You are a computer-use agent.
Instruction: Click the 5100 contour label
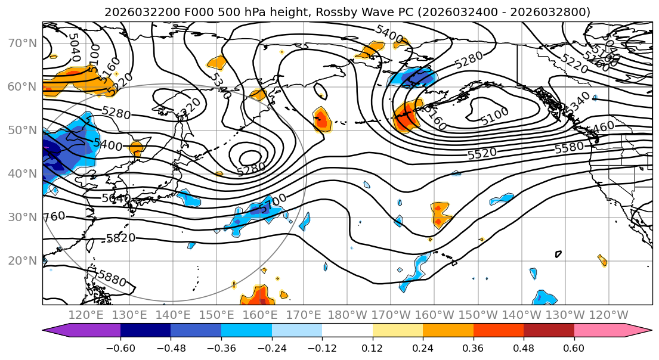pos(495,113)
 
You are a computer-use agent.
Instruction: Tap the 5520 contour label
pos(482,154)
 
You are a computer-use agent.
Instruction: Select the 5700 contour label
pos(274,203)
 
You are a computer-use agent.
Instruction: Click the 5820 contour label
pos(120,238)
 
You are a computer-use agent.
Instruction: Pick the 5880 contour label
pos(112,278)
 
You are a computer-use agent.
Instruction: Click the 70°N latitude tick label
pos(22,43)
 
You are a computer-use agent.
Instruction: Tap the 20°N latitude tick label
pos(22,260)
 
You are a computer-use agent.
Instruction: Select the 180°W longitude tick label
pos(347,315)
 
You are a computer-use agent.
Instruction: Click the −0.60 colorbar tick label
pos(120,347)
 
